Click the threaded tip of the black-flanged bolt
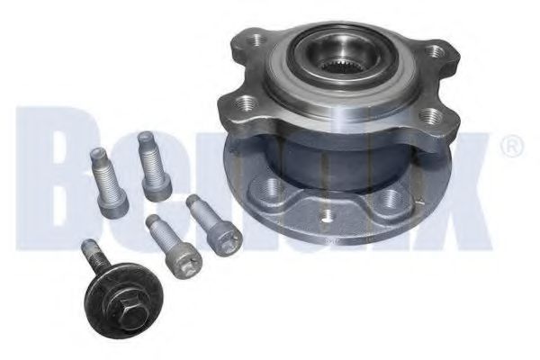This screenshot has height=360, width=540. pos(87,247)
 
